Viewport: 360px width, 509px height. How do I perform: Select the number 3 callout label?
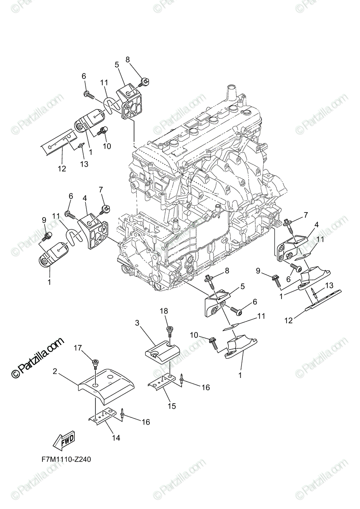tap(137, 323)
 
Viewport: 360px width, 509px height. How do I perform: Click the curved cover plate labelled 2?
tap(106, 384)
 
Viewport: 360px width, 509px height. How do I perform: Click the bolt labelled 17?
tap(95, 363)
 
